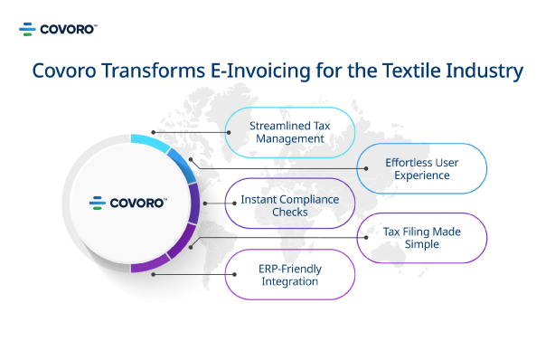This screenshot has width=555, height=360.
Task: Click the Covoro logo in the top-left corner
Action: pos(58,29)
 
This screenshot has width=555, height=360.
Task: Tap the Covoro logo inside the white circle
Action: pos(128,203)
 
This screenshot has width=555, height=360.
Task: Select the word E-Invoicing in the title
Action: pos(260,71)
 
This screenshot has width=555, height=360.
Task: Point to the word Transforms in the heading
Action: pos(154,71)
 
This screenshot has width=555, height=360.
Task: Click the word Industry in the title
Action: pos(484,71)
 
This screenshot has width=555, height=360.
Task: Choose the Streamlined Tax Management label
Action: pos(290,132)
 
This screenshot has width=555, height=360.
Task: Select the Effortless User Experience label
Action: pos(421,168)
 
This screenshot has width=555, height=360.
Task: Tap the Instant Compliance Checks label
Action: pos(290,205)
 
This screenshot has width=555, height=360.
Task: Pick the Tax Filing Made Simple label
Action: pos(421,238)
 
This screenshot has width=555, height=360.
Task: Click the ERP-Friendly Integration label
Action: pos(290,275)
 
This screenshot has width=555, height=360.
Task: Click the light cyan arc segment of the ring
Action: pos(149,142)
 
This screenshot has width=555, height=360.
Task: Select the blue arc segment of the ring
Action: pos(183,165)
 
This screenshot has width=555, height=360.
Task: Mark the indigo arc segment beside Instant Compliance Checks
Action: pos(193,203)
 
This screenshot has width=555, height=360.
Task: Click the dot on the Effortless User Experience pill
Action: pos(366,168)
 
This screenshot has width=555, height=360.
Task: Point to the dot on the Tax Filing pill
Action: pos(366,237)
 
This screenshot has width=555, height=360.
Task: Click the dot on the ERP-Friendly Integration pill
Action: pos(234,274)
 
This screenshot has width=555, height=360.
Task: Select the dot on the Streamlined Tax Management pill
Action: pos(229,133)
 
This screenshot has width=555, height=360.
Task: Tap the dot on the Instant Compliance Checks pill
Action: pos(234,204)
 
